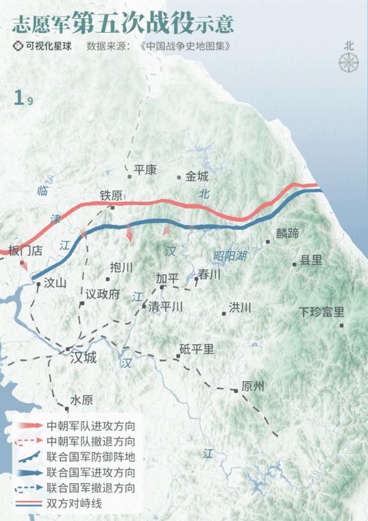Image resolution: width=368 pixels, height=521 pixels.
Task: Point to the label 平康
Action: pyautogui.click(x=146, y=170)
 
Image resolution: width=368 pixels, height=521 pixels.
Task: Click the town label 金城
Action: pyautogui.click(x=197, y=177)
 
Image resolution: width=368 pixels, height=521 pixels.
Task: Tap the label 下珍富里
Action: pyautogui.click(x=321, y=311)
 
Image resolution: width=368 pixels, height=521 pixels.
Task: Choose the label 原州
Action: pyautogui.click(x=253, y=386)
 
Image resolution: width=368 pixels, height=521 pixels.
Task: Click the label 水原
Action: pyautogui.click(x=82, y=400)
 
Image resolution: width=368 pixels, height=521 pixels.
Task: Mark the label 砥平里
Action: pyautogui.click(x=197, y=349)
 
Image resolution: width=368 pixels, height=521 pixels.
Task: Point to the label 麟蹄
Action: pyautogui.click(x=287, y=233)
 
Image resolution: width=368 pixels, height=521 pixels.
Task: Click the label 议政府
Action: pyautogui.click(x=102, y=294)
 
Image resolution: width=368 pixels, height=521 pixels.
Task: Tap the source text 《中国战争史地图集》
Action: pyautogui.click(x=185, y=46)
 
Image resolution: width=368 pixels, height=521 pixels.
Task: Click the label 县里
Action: pyautogui.click(x=311, y=260)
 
